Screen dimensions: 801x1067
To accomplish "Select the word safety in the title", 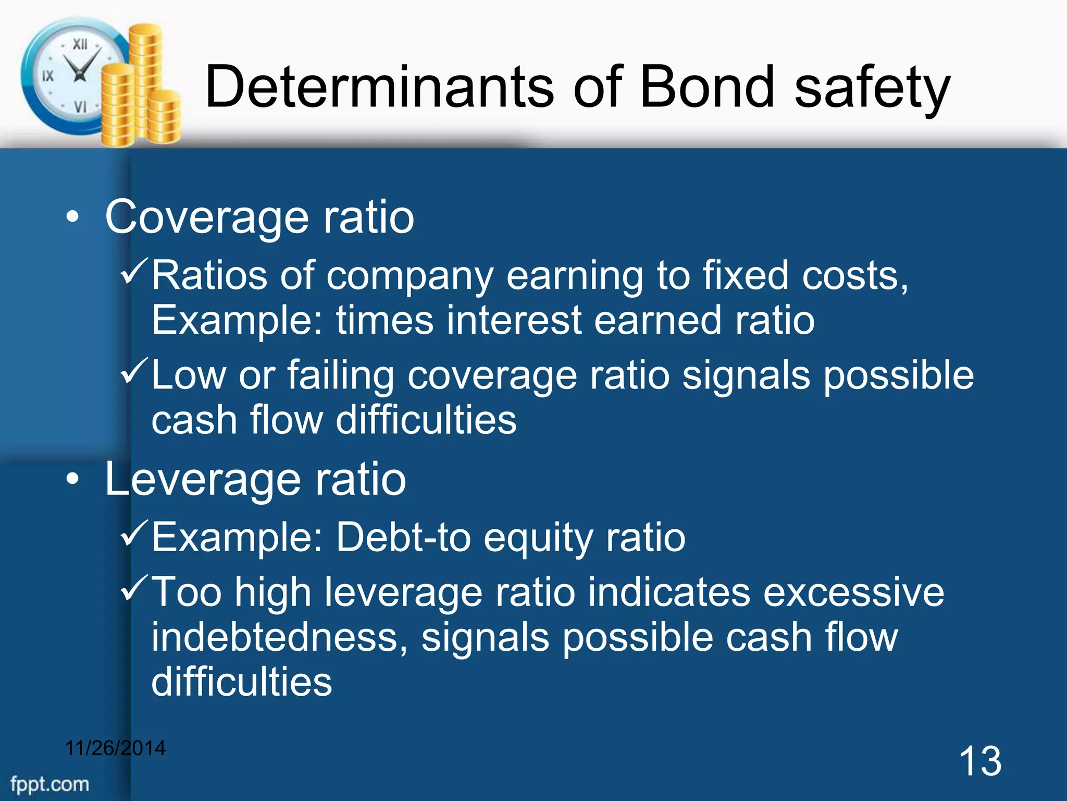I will (873, 89).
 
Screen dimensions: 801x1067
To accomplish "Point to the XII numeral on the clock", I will (80, 44).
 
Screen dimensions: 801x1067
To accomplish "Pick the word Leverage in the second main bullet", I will (203, 480).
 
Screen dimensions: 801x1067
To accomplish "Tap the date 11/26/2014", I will (115, 748).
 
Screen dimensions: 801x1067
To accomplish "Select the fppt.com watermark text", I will (49, 784).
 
